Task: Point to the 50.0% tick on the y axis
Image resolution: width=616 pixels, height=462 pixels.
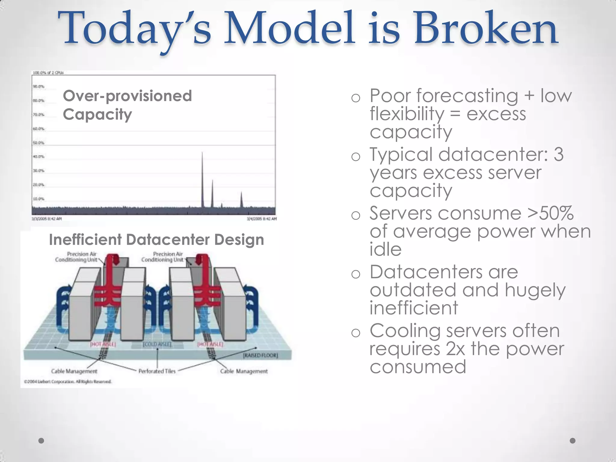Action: pos(38,143)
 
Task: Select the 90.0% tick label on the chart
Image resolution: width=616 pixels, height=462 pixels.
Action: pos(38,87)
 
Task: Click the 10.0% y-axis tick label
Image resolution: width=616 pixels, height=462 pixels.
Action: pos(38,199)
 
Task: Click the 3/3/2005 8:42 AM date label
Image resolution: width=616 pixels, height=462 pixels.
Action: pos(47,219)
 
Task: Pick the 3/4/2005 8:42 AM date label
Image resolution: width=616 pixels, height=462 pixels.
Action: pos(261,219)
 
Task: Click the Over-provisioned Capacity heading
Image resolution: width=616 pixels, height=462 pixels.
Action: pos(127,105)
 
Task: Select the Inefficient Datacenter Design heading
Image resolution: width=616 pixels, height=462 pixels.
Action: pos(156,240)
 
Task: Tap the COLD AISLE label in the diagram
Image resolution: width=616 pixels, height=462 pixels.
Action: pos(157,344)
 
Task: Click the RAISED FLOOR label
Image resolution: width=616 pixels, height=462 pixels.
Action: pos(260,355)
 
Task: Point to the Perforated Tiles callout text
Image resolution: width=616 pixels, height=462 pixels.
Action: pos(157,371)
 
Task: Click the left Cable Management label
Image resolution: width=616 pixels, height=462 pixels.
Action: pos(74,371)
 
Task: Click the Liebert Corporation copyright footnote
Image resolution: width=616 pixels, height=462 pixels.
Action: pos(68,382)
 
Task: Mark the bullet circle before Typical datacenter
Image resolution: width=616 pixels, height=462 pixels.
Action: pos(356,157)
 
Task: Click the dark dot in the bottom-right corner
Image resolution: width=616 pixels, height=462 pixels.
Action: pos(572,441)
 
